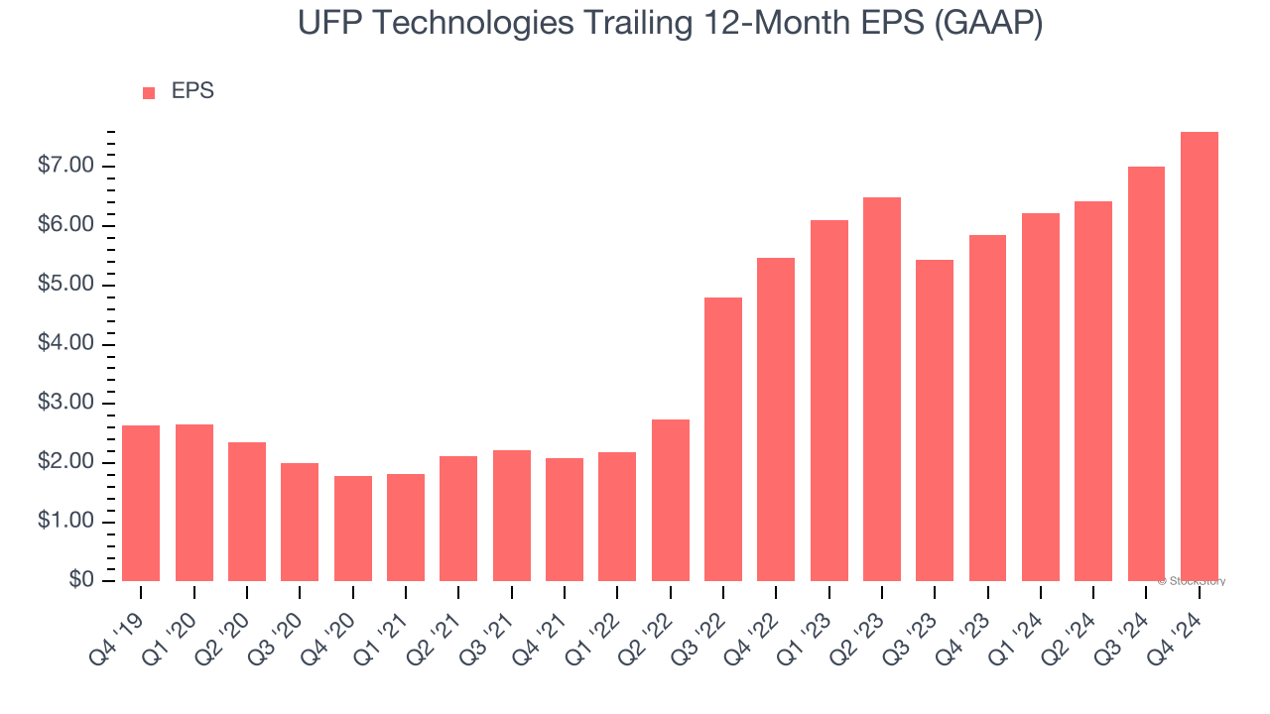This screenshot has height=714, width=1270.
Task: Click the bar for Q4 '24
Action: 1199,356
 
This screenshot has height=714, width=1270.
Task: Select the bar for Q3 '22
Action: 723,439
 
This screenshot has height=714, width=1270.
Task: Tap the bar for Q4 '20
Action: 352,529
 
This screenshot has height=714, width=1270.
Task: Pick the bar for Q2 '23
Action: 882,389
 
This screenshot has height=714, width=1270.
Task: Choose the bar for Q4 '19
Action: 141,503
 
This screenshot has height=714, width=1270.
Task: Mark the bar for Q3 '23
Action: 935,420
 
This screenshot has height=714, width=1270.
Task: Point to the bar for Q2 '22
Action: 670,500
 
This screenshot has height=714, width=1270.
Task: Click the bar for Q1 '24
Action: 1041,397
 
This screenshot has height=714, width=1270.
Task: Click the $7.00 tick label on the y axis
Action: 66,166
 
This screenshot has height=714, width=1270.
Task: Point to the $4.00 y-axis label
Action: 66,344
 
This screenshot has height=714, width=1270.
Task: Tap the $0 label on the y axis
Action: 80,581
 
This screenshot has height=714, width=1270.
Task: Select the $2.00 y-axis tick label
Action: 66,462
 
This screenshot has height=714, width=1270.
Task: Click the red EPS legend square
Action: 149,93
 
